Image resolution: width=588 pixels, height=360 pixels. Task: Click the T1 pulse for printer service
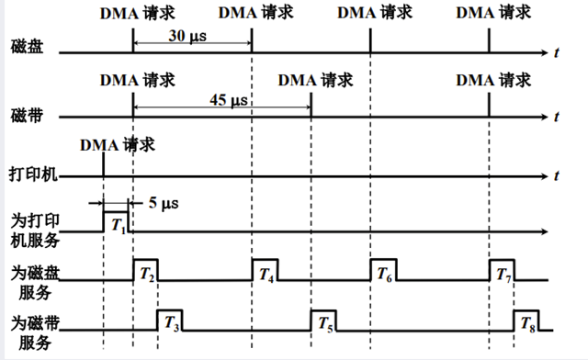click(x=116, y=223)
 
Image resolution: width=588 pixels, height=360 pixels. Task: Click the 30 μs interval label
click(x=188, y=37)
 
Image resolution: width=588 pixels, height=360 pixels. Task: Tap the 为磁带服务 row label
click(x=34, y=332)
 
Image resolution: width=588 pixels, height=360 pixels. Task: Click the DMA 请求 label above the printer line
click(x=117, y=144)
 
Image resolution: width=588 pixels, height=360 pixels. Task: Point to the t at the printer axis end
click(x=558, y=174)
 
